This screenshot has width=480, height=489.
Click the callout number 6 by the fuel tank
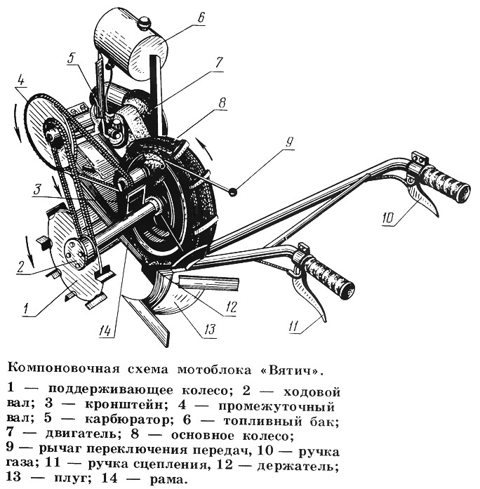point(201,18)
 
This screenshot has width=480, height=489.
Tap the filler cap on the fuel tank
point(144,22)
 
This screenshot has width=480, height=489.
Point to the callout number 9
point(289,142)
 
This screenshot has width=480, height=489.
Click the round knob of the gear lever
point(232,192)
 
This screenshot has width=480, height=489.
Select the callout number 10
point(389,218)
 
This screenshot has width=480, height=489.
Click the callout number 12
point(231,307)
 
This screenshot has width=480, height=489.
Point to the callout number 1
point(27,309)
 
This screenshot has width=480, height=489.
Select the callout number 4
point(20,81)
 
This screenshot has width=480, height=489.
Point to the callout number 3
point(37,189)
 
